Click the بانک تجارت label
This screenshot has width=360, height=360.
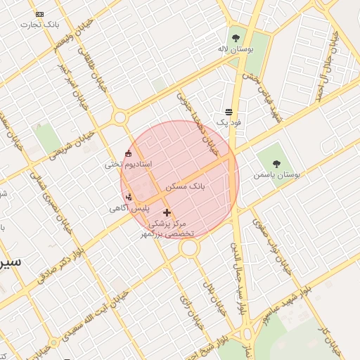pos(40,25)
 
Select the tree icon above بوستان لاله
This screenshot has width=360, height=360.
pos(235,38)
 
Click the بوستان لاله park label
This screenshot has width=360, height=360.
pos(234,50)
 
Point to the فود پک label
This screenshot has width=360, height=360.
pos(229,122)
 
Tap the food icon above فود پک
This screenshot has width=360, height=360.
pos(229,112)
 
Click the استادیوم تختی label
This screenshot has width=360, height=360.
pos(128,165)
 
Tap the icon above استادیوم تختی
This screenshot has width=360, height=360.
pos(128,154)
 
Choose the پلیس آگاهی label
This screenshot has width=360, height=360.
pos(127,209)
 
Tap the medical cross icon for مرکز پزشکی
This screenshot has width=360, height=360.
pos(167,212)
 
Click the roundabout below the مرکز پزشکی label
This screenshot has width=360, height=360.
pos(188,248)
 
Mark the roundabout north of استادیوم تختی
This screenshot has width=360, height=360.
pos(120,117)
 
